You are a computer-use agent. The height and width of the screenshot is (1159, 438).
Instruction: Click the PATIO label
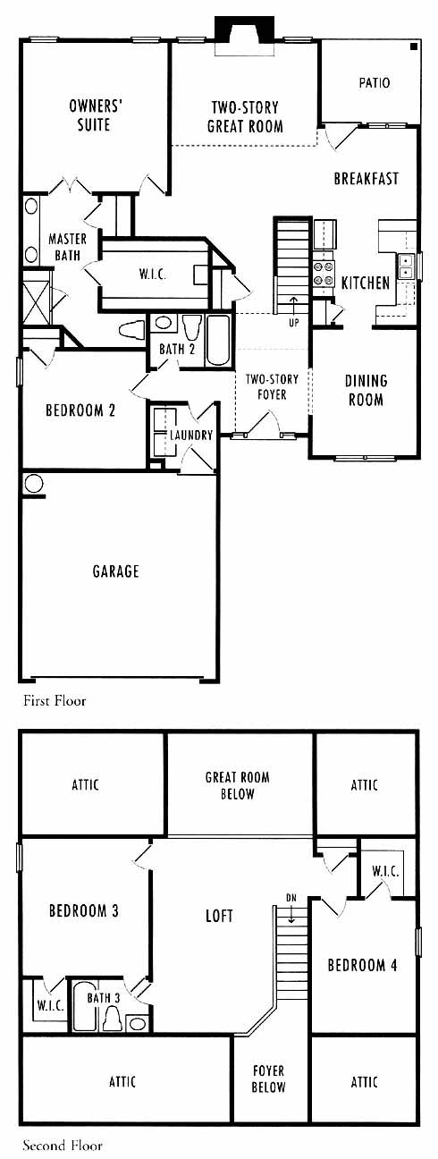click(375, 83)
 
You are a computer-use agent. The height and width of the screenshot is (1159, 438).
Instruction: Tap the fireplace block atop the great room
click(244, 28)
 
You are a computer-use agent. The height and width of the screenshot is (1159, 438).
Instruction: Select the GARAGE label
click(116, 571)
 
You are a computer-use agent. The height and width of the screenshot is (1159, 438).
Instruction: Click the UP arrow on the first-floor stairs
click(294, 305)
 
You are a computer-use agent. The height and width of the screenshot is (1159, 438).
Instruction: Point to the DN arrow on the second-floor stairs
click(291, 914)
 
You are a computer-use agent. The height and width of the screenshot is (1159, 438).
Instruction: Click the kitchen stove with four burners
click(324, 273)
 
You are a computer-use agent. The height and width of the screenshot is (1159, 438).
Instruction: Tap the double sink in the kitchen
click(406, 266)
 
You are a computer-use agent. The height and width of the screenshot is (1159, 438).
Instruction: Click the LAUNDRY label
click(191, 436)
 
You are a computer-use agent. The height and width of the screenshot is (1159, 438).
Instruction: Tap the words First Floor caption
click(55, 701)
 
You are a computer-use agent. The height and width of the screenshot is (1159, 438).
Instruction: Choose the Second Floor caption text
click(63, 1146)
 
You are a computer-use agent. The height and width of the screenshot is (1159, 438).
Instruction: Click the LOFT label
click(219, 916)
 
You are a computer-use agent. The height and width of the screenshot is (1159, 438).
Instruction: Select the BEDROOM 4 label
click(363, 965)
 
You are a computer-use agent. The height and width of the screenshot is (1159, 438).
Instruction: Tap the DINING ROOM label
click(366, 390)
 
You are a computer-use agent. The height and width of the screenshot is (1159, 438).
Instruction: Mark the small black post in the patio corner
click(414, 47)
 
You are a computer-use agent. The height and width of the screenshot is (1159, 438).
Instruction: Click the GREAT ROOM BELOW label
click(238, 785)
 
